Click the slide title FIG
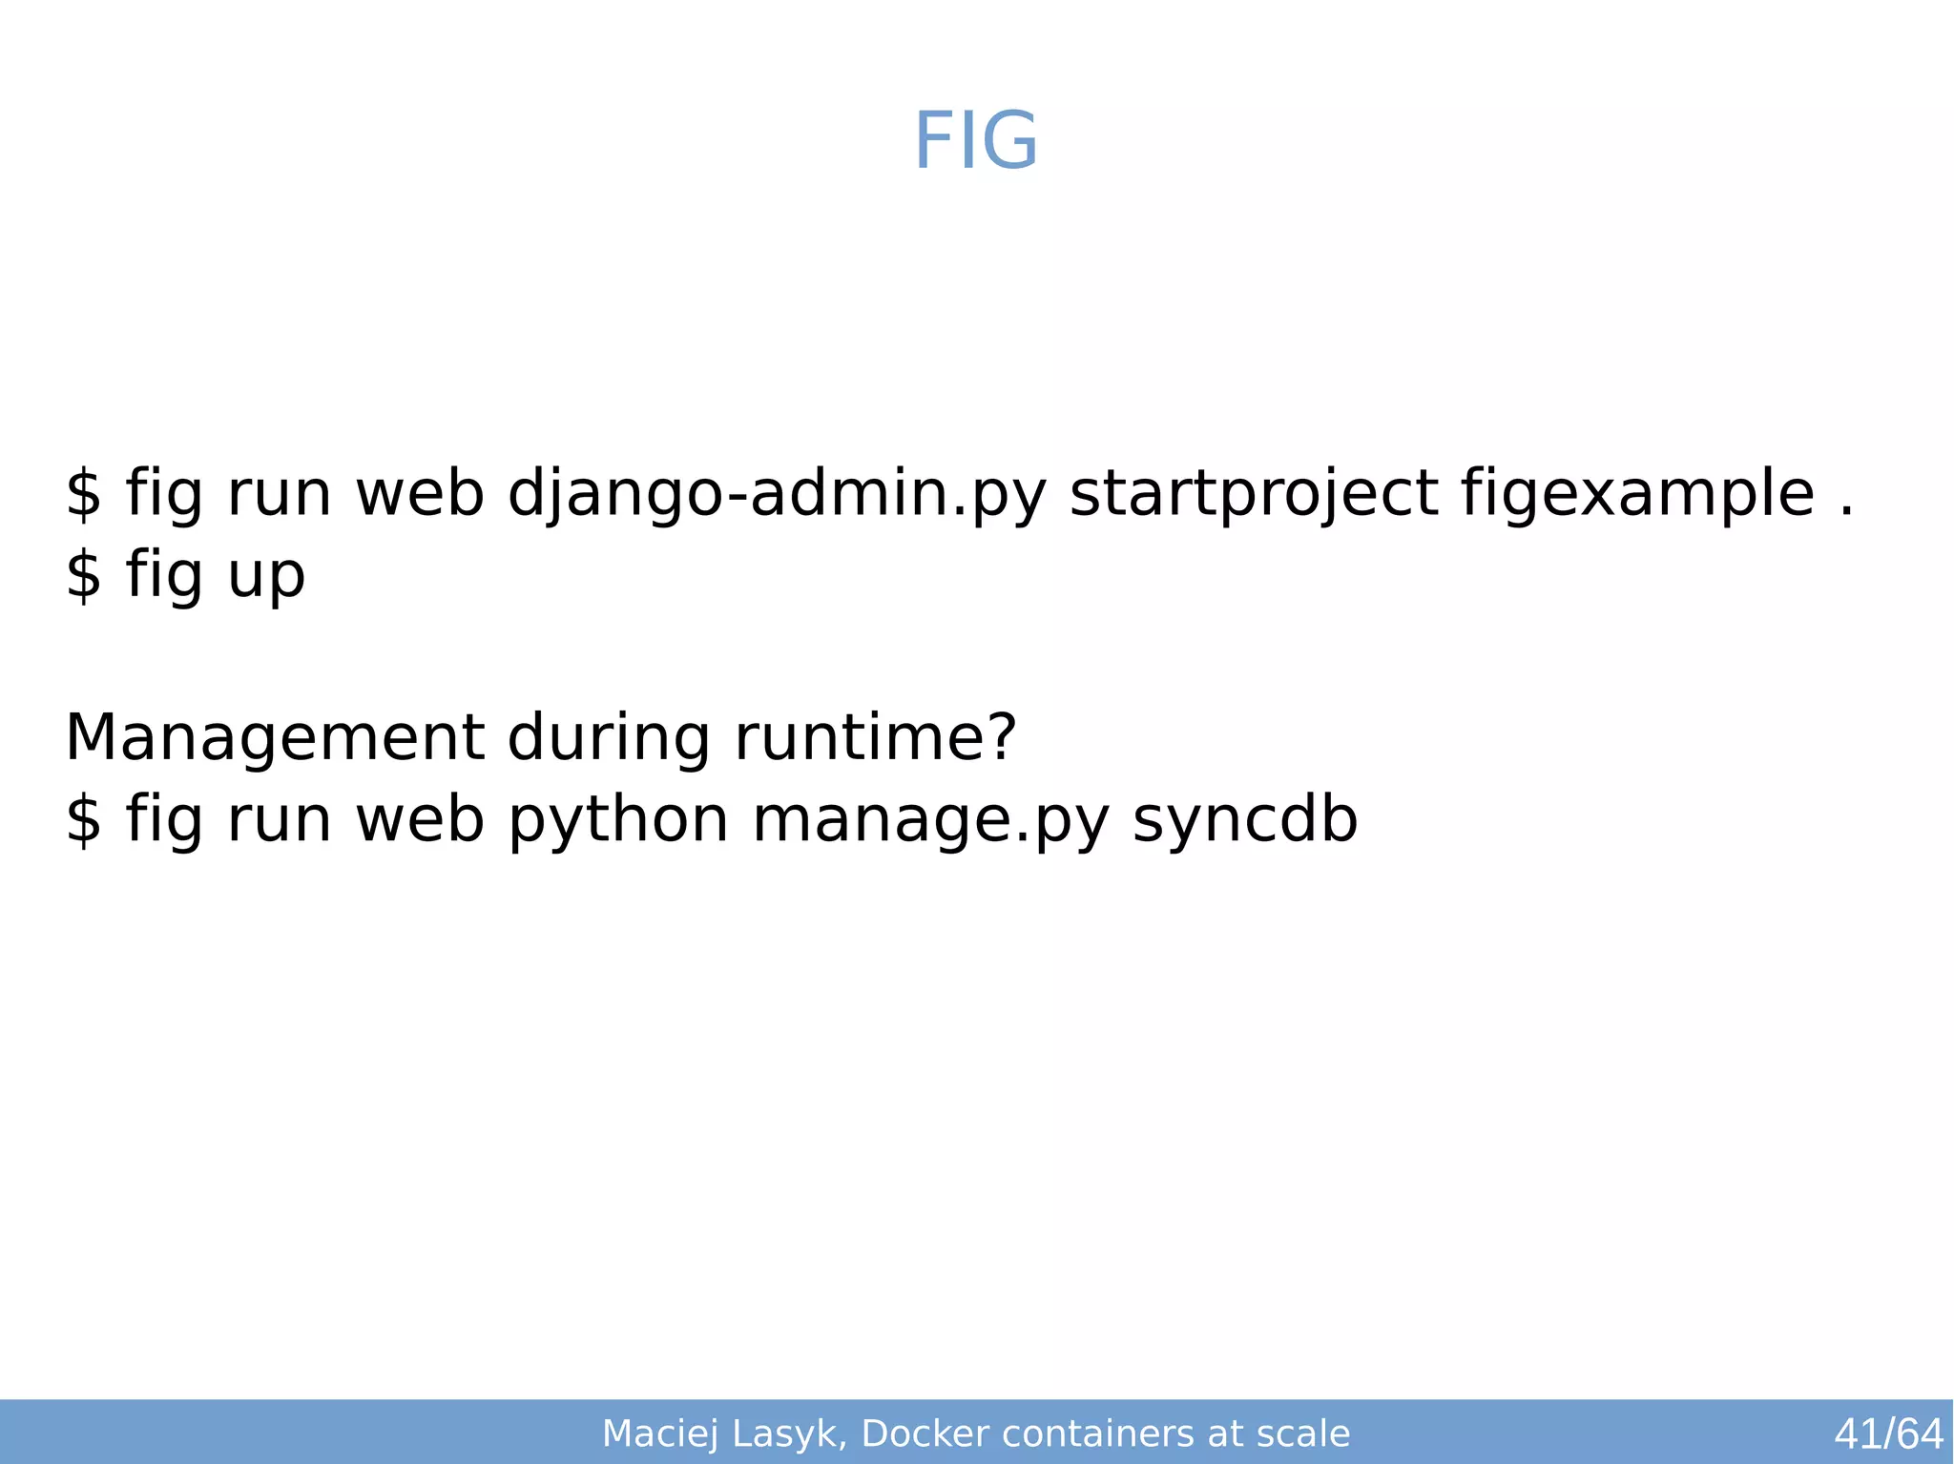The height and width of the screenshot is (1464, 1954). click(x=975, y=142)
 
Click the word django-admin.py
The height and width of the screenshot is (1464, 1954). click(x=777, y=495)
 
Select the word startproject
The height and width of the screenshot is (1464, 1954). click(x=1253, y=495)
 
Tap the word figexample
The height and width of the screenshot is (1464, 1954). click(x=1637, y=495)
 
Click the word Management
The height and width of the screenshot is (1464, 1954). click(x=274, y=739)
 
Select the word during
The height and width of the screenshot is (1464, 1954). click(x=609, y=739)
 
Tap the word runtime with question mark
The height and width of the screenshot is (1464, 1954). click(x=875, y=739)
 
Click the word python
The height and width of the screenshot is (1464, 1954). click(x=618, y=821)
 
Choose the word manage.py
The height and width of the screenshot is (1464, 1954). click(x=930, y=821)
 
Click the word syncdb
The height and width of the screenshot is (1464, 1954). click(x=1244, y=821)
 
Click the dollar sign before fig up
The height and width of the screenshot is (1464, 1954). click(x=83, y=576)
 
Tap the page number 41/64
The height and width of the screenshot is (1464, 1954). click(x=1888, y=1433)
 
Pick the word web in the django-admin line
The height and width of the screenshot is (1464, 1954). click(x=420, y=495)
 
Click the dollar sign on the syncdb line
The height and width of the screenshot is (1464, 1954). click(x=83, y=821)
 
